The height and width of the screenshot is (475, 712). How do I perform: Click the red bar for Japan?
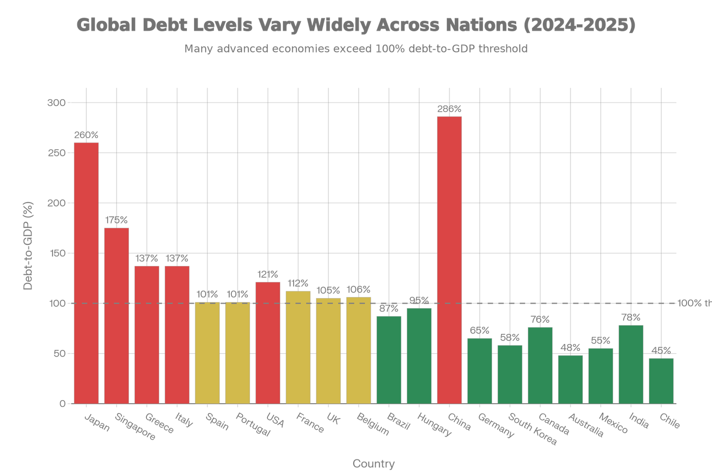(x=86, y=272)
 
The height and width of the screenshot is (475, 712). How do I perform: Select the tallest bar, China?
(x=449, y=260)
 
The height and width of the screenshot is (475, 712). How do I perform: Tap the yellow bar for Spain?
(x=207, y=353)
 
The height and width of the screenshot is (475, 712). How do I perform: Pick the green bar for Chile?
(x=661, y=381)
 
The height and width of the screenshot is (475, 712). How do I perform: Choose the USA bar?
(x=267, y=342)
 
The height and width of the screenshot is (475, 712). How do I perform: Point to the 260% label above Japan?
(x=86, y=135)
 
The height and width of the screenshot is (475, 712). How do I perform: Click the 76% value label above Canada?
(x=540, y=319)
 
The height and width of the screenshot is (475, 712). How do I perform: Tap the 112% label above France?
(x=298, y=284)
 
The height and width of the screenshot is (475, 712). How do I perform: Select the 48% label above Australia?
(x=570, y=347)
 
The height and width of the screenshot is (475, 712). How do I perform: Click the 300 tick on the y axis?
(x=56, y=103)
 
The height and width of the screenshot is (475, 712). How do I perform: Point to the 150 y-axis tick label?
(x=56, y=253)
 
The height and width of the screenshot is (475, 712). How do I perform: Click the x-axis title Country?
(x=373, y=464)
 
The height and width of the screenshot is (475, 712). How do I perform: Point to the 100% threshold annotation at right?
(x=694, y=304)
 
